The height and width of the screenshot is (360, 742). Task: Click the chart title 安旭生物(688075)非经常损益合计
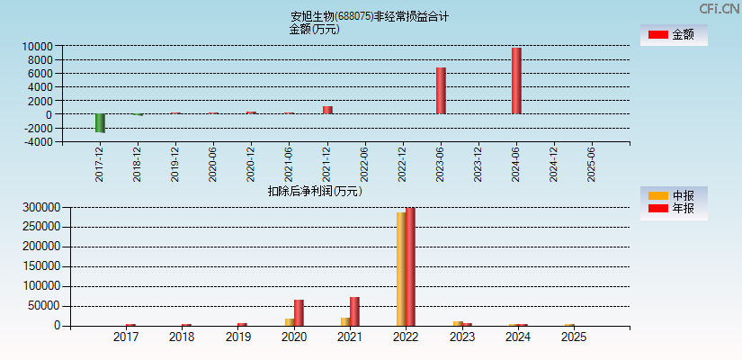coord(370,16)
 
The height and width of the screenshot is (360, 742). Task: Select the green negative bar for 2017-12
coord(100,123)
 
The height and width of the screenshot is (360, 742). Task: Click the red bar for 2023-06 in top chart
coord(441,91)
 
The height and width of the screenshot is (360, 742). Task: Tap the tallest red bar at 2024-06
coord(516,81)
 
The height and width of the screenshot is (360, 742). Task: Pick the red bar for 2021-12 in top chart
coord(327,110)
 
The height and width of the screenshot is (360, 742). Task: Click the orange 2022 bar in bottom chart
coord(401,269)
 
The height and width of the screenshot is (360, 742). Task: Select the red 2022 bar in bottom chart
coord(411,266)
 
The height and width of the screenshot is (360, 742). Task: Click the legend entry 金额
coord(674,35)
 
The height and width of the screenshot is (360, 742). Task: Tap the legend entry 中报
coord(674,195)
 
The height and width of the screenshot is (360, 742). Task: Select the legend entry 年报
coord(674,209)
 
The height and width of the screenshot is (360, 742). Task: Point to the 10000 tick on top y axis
coord(36,46)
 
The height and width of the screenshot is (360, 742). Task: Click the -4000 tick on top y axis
coord(36,142)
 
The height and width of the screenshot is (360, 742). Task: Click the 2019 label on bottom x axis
coord(237,337)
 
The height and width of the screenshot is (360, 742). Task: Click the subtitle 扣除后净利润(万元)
coord(314,191)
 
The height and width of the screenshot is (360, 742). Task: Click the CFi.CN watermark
coord(719,8)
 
